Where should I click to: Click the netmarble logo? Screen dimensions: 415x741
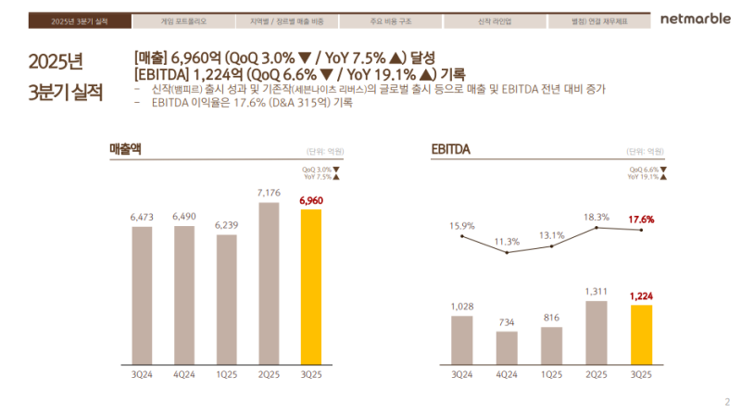[695, 19]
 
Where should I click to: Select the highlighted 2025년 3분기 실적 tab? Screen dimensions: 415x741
[81, 20]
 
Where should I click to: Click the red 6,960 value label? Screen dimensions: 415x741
[311, 200]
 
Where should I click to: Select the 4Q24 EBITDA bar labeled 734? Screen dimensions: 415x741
[507, 346]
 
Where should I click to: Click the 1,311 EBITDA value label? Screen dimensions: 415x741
[597, 291]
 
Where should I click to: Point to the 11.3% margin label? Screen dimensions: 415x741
[507, 241]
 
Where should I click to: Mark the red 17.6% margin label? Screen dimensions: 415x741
[641, 220]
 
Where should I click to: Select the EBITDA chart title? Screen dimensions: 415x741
[450, 148]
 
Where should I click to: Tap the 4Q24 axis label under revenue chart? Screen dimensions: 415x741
[184, 374]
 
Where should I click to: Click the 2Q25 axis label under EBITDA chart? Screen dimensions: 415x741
[597, 374]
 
